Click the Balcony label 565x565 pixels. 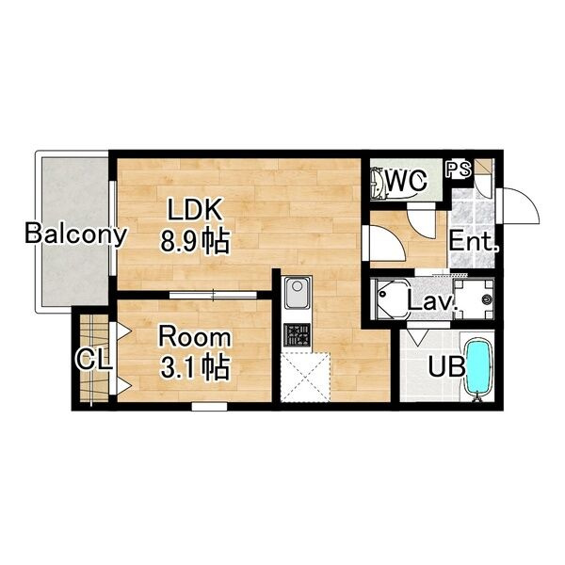[x=75, y=234]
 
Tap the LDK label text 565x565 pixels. [x=195, y=210]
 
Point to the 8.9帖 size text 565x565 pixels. [x=195, y=241]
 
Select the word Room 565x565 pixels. [x=195, y=337]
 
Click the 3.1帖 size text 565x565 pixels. [x=195, y=367]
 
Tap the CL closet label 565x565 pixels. [x=93, y=360]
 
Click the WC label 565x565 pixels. [x=406, y=180]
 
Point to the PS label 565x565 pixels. [x=459, y=169]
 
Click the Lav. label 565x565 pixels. [x=432, y=302]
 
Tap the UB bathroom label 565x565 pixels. [x=445, y=367]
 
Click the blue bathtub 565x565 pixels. [x=478, y=367]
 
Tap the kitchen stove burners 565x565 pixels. [x=297, y=335]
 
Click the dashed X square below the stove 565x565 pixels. [x=305, y=378]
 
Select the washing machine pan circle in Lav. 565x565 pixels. [x=487, y=299]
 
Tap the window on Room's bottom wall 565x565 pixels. [x=209, y=407]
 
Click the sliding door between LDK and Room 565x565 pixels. [x=213, y=296]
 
